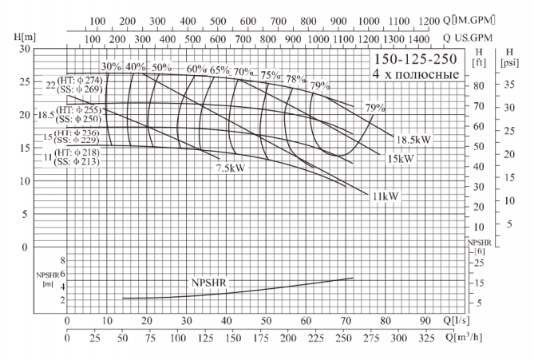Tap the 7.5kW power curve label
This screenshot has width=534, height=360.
pyautogui.click(x=229, y=168)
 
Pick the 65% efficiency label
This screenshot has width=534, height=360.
pyautogui.click(x=220, y=69)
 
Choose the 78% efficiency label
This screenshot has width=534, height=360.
pyautogui.click(x=296, y=79)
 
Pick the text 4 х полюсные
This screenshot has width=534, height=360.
pyautogui.click(x=415, y=75)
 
